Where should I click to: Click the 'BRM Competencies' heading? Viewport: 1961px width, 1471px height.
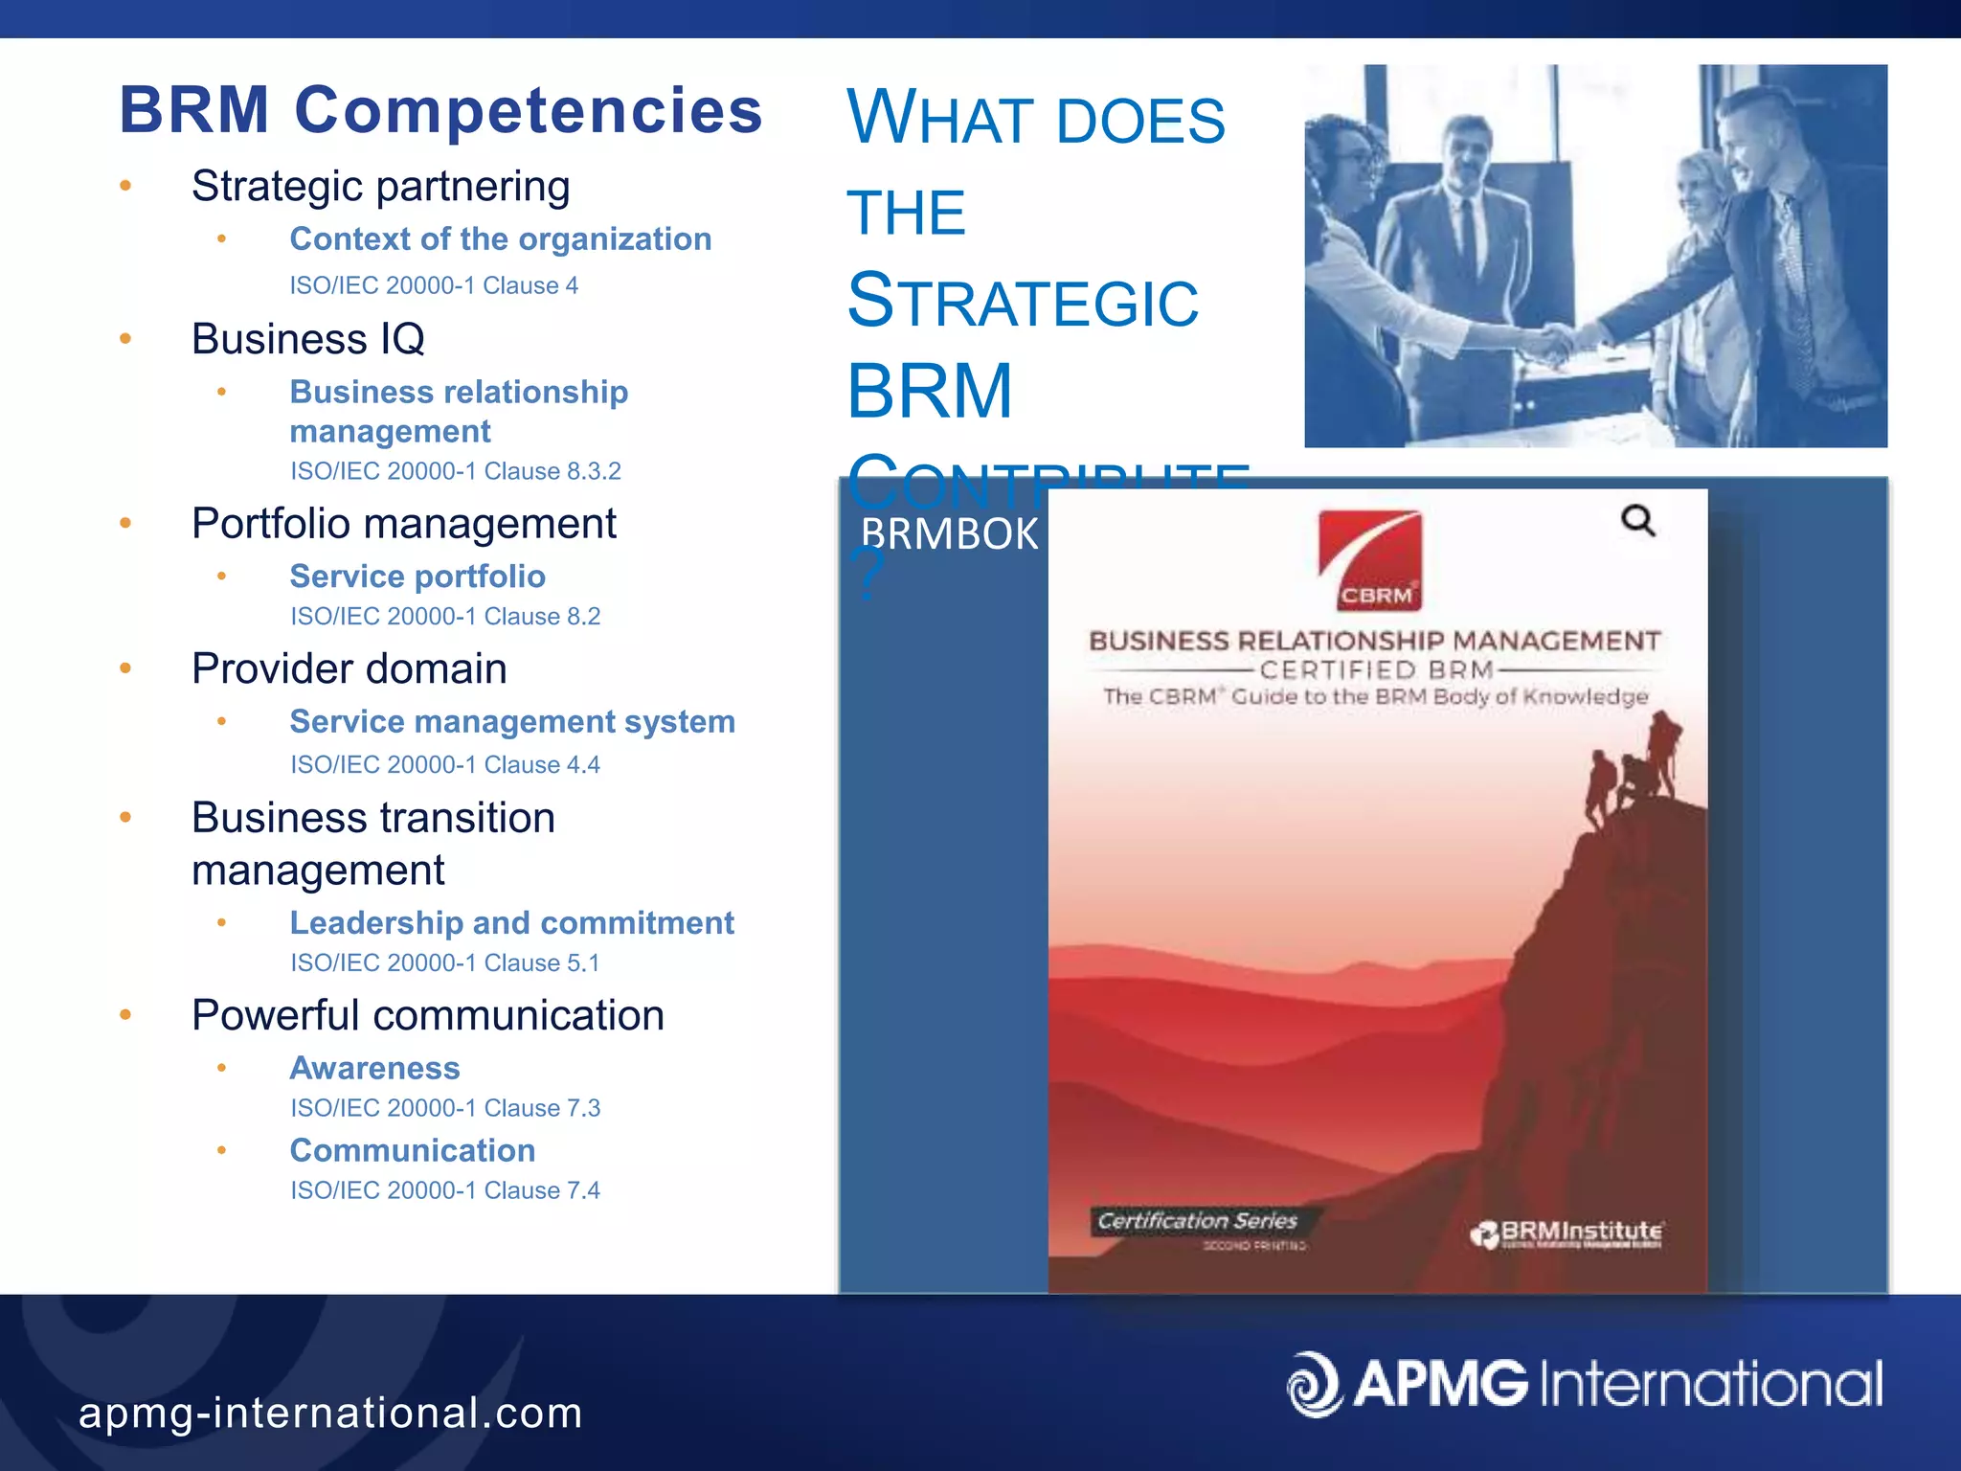(440, 110)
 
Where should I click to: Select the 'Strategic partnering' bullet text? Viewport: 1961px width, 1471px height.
(380, 186)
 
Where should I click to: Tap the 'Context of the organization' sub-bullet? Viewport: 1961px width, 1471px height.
(501, 239)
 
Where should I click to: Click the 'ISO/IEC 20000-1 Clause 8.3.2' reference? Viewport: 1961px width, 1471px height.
(456, 471)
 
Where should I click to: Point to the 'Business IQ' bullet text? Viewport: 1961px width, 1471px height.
(307, 339)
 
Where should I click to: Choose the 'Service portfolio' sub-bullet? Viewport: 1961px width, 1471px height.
(417, 577)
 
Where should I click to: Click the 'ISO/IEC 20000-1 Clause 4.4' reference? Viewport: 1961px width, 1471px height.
(445, 764)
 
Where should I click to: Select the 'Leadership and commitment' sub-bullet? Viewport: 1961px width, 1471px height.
(511, 923)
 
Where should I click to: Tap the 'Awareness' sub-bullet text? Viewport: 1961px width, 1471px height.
(374, 1068)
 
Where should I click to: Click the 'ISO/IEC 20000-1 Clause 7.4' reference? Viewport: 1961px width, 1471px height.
(445, 1190)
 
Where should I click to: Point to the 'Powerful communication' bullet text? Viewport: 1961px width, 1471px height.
(427, 1015)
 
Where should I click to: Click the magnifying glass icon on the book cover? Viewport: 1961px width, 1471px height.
(1637, 521)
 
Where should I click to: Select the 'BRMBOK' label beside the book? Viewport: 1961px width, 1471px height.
(949, 534)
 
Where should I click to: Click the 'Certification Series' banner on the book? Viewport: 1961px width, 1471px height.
(1197, 1221)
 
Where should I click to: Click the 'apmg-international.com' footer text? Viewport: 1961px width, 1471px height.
(330, 1414)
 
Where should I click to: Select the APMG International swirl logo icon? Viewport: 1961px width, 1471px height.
(1315, 1383)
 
